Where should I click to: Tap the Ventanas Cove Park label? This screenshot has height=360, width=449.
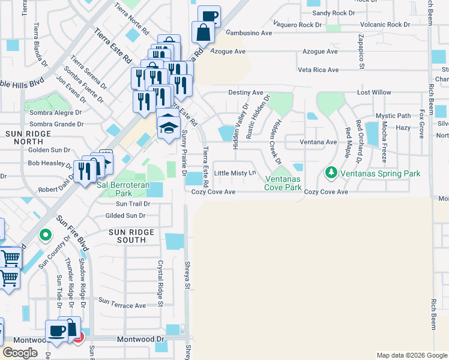[283, 183]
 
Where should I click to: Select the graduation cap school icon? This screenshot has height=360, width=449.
[169, 126]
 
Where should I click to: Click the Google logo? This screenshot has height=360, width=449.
[20, 353]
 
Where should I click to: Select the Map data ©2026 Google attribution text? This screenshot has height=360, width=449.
[411, 355]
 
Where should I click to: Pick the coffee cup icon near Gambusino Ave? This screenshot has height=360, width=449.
[209, 16]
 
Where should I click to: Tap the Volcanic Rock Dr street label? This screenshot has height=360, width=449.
[381, 25]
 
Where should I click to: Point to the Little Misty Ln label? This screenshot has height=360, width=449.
[235, 173]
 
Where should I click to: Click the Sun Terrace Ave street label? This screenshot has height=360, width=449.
[122, 305]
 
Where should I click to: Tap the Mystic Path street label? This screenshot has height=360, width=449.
[393, 116]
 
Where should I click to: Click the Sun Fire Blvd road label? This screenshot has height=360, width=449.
[73, 233]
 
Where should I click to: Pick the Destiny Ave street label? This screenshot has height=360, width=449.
[246, 93]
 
